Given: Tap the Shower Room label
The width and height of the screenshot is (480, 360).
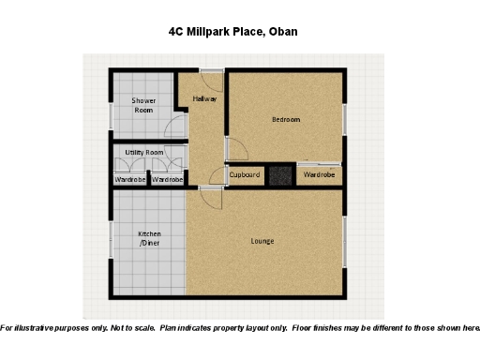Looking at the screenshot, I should click(143, 105).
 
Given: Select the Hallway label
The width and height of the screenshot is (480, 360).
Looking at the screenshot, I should click(205, 98).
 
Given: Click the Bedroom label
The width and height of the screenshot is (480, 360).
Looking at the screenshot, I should click(286, 119).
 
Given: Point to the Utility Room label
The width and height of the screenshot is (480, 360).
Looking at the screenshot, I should click(144, 152).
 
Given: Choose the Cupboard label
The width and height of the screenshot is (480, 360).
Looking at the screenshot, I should click(245, 175).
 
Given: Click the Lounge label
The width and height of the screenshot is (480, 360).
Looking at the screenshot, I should click(262, 241).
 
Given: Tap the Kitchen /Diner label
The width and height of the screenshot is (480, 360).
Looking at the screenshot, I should click(150, 238).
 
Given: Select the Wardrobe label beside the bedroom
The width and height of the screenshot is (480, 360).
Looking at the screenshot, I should click(320, 175).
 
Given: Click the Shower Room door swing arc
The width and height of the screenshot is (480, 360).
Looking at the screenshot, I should click(174, 128).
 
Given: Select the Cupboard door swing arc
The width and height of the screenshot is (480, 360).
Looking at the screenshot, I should click(217, 175).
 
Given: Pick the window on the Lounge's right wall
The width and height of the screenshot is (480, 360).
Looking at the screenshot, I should click(344, 244).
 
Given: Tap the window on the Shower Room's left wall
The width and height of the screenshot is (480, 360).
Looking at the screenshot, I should click(111, 115).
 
